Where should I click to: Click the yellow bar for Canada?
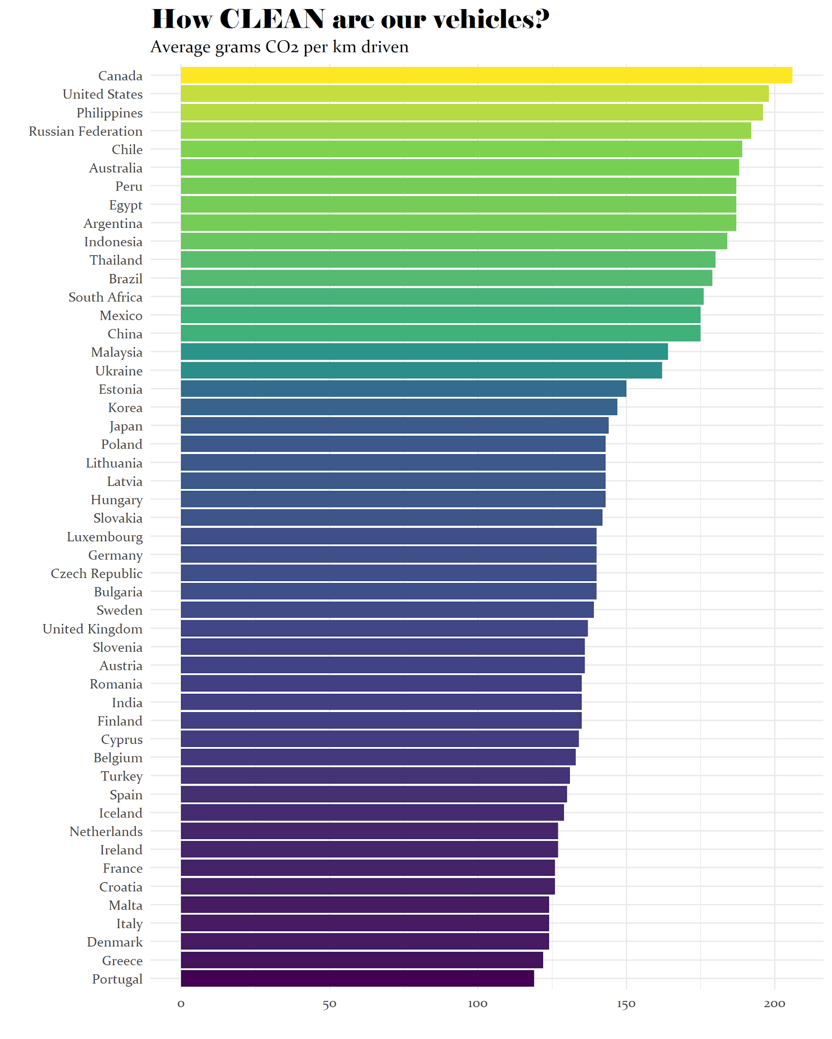pyautogui.click(x=486, y=75)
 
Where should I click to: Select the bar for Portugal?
pyautogui.click(x=357, y=978)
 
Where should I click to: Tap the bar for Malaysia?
pyautogui.click(x=424, y=352)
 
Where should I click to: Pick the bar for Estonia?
pyautogui.click(x=403, y=388)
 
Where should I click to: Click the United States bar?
pyautogui.click(x=474, y=94)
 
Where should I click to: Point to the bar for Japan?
pyautogui.click(x=394, y=426)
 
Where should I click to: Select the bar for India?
pyautogui.click(x=381, y=702)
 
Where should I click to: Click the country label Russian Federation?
pyautogui.click(x=85, y=131)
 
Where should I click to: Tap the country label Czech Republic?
pyautogui.click(x=97, y=573)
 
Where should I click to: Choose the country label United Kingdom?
pyautogui.click(x=92, y=629)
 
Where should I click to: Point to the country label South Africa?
pyautogui.click(x=105, y=297)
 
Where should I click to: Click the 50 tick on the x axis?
pyautogui.click(x=329, y=1004)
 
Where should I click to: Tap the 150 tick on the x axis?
pyautogui.click(x=626, y=1004)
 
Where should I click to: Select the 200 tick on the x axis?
pyautogui.click(x=774, y=1004)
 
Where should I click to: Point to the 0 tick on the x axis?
pyautogui.click(x=181, y=1004)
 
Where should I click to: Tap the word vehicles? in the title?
pyautogui.click(x=491, y=19)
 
